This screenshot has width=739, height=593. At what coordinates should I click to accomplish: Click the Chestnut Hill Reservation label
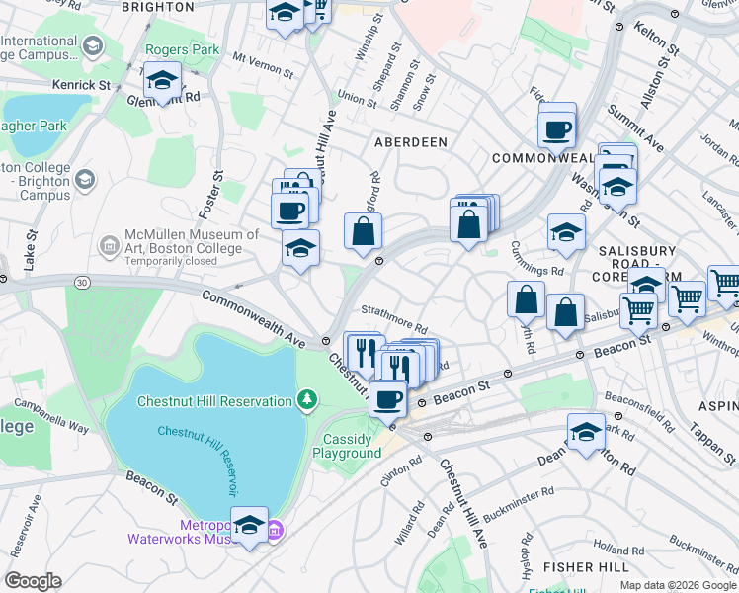(213, 400)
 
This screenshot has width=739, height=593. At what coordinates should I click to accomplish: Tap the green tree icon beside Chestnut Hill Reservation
(309, 400)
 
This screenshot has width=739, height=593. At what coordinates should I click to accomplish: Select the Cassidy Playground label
(347, 446)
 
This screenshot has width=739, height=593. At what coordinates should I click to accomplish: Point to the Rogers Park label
(170, 48)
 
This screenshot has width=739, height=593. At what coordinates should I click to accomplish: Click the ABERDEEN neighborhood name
(411, 142)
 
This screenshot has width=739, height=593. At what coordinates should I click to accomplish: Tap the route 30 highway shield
(81, 283)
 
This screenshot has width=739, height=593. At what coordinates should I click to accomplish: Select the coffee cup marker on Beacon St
(387, 400)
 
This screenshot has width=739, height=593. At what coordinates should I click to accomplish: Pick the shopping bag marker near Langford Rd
(363, 231)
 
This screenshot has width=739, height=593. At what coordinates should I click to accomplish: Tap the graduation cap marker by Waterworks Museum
(249, 527)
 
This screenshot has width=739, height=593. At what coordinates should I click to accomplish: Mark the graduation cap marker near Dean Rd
(586, 433)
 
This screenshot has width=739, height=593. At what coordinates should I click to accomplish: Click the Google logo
(33, 581)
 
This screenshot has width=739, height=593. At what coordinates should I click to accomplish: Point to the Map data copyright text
(678, 585)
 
